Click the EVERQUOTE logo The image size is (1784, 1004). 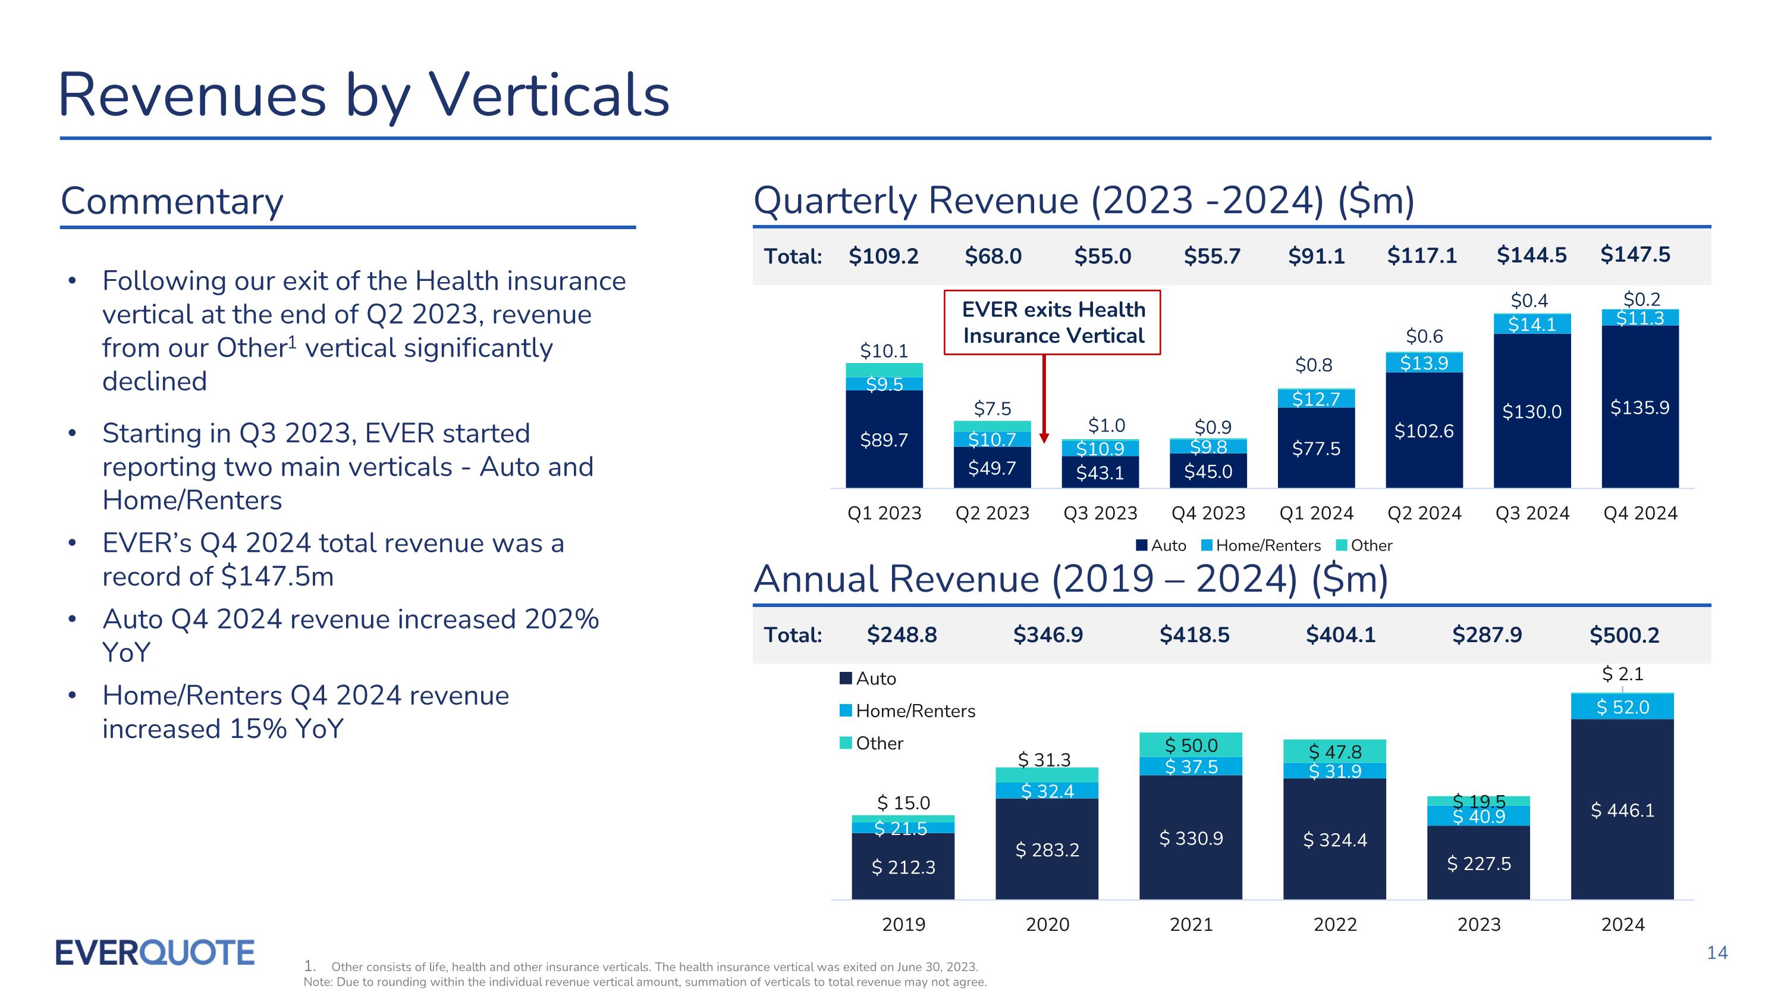point(155,953)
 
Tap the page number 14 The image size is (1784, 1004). point(1717,953)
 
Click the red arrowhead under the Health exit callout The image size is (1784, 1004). point(1044,438)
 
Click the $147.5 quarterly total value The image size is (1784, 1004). point(1635,255)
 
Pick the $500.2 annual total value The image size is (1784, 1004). point(1624,634)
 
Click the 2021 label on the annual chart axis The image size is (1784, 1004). point(1191,924)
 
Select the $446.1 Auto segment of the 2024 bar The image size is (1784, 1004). point(1623,810)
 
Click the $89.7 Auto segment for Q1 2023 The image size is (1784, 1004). point(884,440)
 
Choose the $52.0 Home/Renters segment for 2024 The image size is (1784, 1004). point(1623,707)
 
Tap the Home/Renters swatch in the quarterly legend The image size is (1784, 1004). point(1207,545)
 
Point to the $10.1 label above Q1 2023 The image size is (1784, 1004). point(884,351)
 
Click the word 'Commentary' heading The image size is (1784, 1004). point(172,201)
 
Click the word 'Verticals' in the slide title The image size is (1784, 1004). point(550,95)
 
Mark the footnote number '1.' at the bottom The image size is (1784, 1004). point(310,966)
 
